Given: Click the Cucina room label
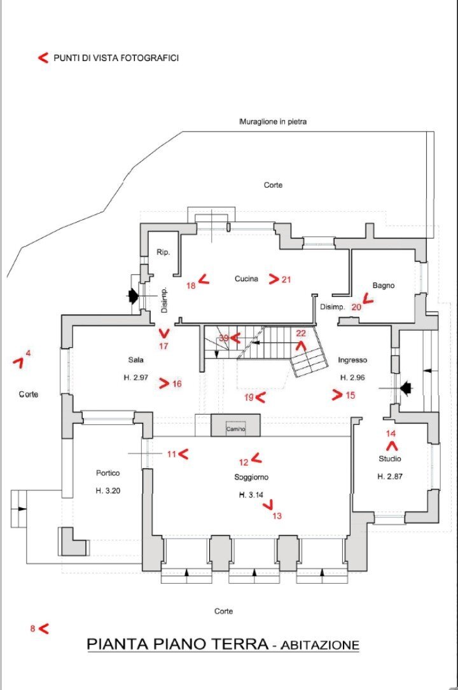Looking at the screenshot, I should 246,279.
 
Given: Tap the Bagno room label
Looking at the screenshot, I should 384,286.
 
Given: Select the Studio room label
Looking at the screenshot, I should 390,459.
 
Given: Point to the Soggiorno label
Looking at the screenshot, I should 250,477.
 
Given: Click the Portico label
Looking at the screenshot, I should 108,473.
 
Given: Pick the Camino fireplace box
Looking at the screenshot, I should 235,429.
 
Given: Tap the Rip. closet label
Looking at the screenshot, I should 163,252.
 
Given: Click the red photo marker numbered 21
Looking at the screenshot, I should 286,279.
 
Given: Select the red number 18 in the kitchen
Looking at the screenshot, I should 191,286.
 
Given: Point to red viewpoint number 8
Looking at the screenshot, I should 32,629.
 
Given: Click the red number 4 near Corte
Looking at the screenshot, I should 28,353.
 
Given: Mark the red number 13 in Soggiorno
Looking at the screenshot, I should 277,516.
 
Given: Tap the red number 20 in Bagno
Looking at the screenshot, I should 356,306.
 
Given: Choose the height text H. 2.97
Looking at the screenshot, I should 136,378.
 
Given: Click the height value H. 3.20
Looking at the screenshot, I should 108,491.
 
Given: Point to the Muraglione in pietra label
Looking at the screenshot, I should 273,121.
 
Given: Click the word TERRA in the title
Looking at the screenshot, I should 239,644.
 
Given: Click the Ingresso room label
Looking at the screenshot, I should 352,360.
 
